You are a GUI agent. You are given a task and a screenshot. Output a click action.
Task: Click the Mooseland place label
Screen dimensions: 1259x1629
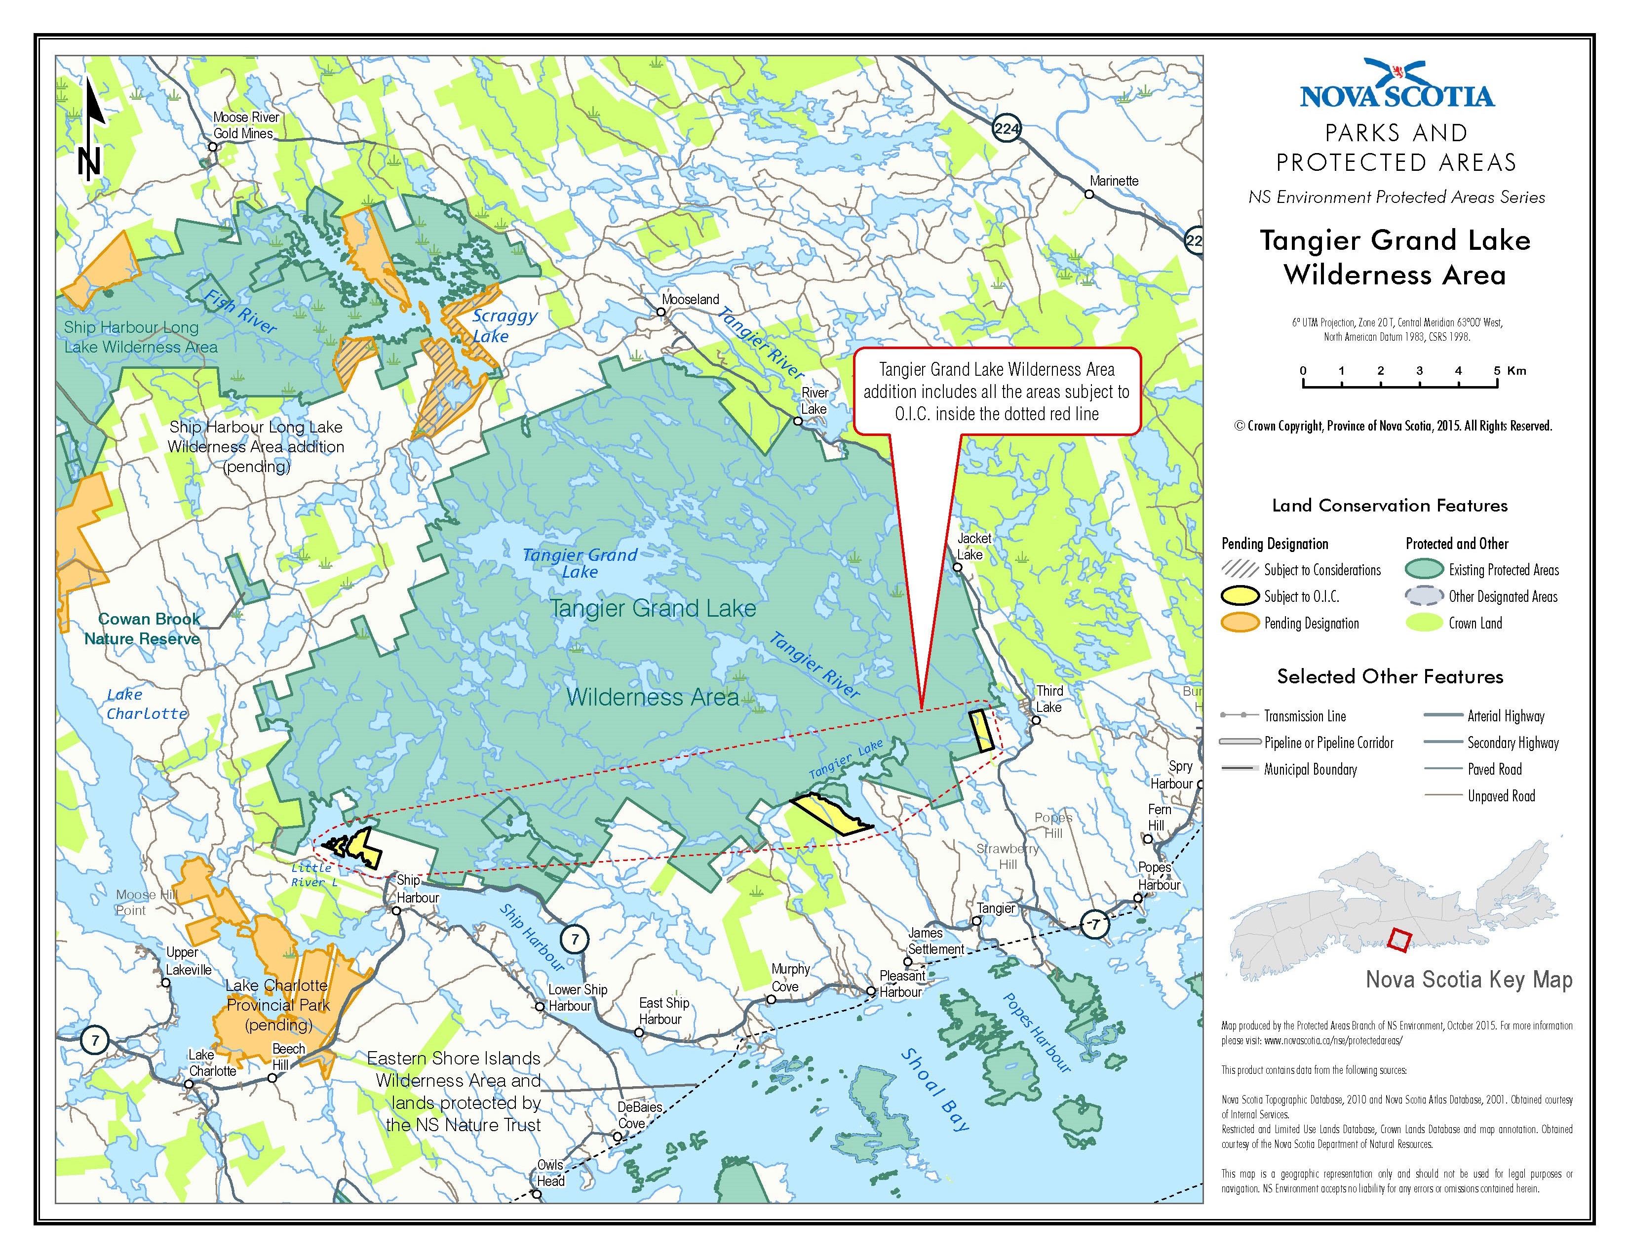[690, 299]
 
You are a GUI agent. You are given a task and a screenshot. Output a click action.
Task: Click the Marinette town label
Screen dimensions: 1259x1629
[1114, 181]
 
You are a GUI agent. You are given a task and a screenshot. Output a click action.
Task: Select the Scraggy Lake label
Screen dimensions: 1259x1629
[504, 325]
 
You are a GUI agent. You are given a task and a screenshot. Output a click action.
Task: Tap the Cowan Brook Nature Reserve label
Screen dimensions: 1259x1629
[144, 629]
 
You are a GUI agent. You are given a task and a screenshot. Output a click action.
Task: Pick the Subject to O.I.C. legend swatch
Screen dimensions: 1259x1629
[1240, 596]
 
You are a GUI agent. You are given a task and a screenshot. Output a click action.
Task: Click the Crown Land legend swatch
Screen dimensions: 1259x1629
[1424, 623]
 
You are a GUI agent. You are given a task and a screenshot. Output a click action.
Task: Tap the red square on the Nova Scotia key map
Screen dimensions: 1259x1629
[1399, 941]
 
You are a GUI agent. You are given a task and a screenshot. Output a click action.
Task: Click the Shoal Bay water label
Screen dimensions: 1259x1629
[935, 1089]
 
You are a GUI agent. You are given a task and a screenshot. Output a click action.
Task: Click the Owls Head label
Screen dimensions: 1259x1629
[550, 1173]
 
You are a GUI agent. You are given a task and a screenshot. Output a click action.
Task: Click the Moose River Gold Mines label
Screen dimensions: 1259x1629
[245, 125]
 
